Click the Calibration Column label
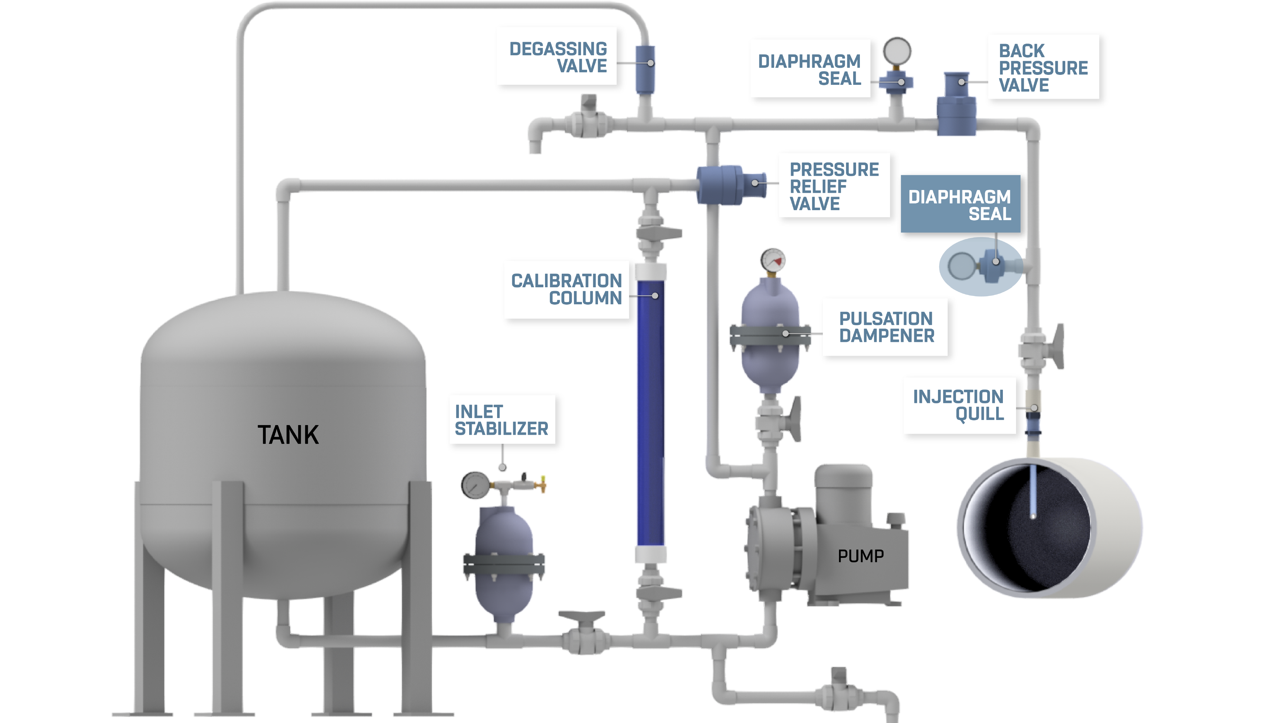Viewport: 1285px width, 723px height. (566, 290)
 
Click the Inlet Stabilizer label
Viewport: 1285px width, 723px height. (501, 420)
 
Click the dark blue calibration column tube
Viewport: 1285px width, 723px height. (650, 414)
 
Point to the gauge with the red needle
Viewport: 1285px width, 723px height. (773, 259)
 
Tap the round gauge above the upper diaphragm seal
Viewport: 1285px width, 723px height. (897, 51)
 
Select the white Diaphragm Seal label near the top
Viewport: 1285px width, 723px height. (810, 69)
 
